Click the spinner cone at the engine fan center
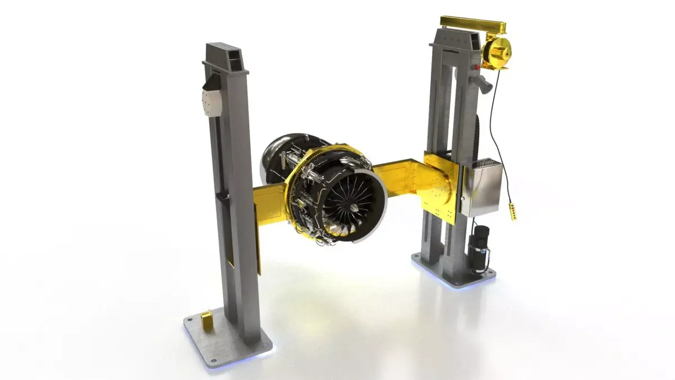[x=353, y=208]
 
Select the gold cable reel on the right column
[x=496, y=52]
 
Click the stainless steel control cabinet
[x=481, y=188]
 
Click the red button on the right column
[x=478, y=68]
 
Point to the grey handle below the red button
[x=484, y=83]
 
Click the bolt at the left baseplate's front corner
[x=213, y=361]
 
